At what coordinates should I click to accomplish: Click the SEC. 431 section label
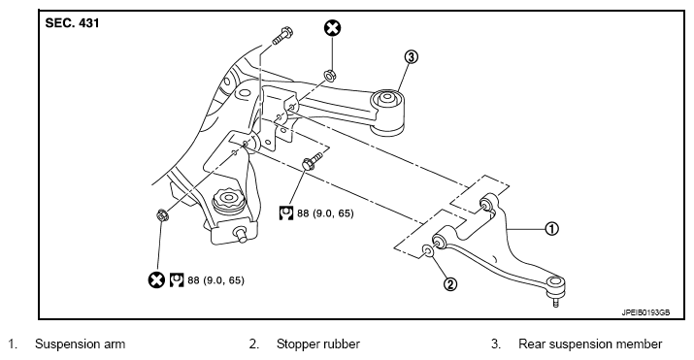point(72,23)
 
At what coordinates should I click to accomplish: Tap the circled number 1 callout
point(551,229)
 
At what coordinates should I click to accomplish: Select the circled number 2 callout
point(449,283)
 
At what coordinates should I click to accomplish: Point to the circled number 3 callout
point(411,57)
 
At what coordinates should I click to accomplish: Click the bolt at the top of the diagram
point(281,36)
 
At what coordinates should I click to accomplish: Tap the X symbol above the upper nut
point(332,28)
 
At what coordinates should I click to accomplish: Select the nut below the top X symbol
point(329,76)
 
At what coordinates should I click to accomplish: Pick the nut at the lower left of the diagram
point(162,215)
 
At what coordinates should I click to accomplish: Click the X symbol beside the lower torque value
point(156,280)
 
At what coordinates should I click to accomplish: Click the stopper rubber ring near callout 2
point(428,250)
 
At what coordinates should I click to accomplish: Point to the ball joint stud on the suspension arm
point(555,304)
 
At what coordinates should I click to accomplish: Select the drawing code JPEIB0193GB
point(645,312)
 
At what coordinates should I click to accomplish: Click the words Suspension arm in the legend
point(81,344)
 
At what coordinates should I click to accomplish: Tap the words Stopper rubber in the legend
point(318,344)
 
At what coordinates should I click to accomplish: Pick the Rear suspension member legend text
point(590,344)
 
